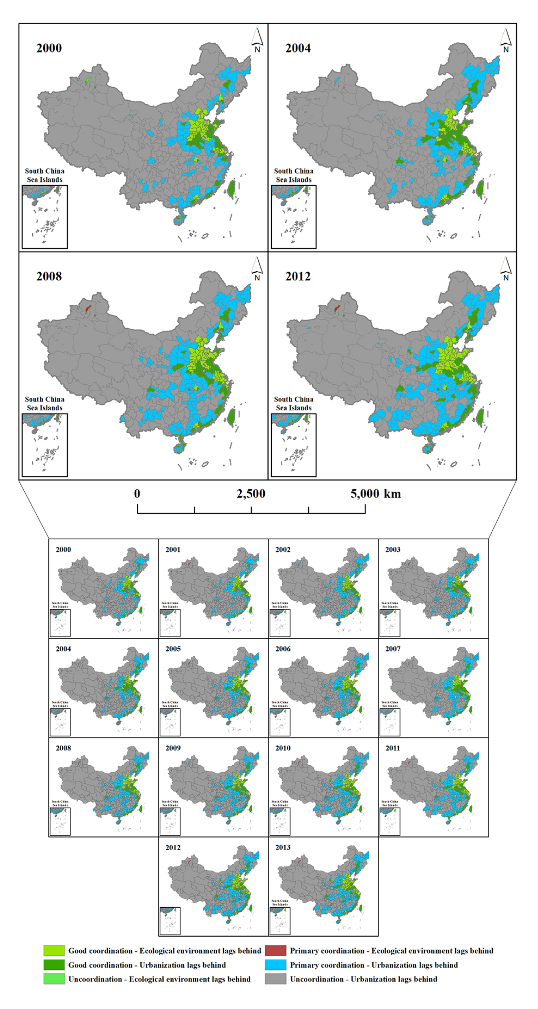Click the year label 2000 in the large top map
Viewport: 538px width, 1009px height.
(x=49, y=48)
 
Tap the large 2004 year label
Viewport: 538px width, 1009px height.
(x=298, y=48)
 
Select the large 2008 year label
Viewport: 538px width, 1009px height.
(x=49, y=277)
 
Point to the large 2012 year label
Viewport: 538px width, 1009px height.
(x=298, y=277)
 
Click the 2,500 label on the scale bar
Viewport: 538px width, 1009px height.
(x=251, y=494)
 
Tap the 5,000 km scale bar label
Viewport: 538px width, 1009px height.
(x=375, y=494)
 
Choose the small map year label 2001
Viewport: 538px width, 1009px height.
(x=173, y=550)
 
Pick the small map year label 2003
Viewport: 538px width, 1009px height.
(x=393, y=550)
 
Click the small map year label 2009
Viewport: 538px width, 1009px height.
(x=173, y=748)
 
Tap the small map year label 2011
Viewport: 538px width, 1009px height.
(x=393, y=748)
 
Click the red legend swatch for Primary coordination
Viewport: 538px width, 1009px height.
(x=275, y=951)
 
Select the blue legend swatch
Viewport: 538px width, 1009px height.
(x=275, y=965)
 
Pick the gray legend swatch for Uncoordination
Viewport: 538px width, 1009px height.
(x=275, y=979)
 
